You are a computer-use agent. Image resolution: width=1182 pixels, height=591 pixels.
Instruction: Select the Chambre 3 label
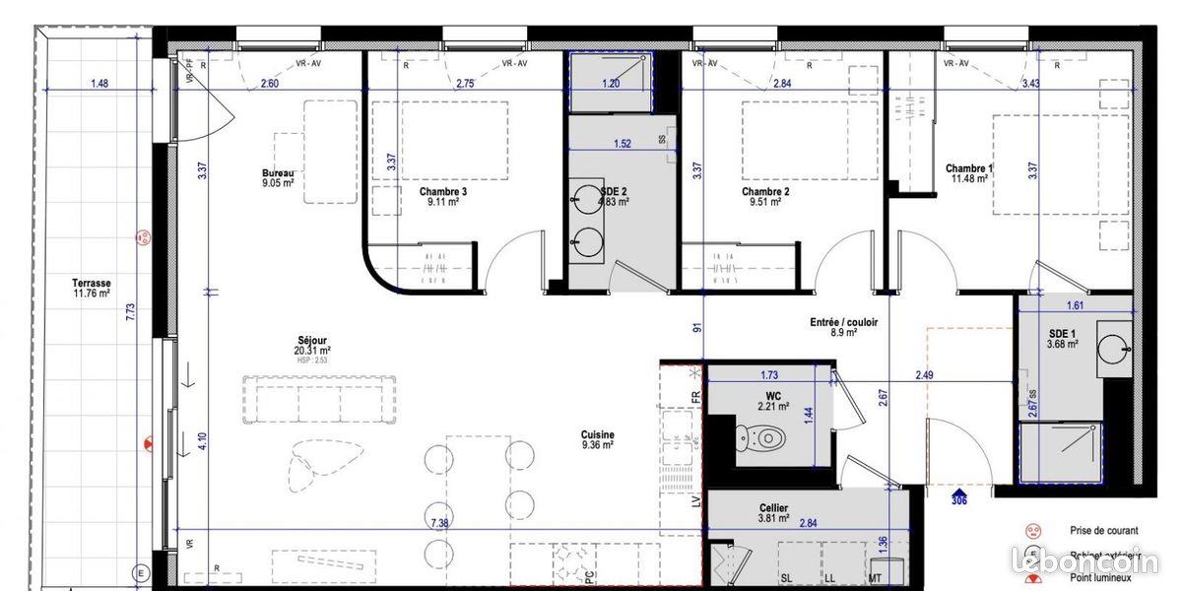point(442,191)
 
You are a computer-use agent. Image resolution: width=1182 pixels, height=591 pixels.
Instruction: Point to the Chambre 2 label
point(765,191)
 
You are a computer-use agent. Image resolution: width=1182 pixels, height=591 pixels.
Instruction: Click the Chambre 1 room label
point(969,168)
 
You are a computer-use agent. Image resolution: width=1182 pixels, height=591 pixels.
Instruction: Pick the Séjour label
point(311,341)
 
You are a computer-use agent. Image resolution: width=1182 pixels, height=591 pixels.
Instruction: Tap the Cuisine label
point(597,434)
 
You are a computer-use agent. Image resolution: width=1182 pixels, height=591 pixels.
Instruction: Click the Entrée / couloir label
point(844,322)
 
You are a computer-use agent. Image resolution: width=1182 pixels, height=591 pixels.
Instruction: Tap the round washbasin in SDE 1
point(1114,346)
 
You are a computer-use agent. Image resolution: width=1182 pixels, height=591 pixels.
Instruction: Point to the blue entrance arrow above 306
point(960,488)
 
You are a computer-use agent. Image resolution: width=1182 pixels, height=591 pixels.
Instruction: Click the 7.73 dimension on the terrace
point(130,311)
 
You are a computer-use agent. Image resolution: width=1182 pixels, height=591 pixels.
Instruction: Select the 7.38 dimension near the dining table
point(439,523)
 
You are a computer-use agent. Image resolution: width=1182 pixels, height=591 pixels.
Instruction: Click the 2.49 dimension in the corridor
point(924,374)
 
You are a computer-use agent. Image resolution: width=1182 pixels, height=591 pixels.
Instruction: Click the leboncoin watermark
point(1086,561)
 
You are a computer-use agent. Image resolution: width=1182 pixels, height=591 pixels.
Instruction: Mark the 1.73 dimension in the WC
point(769,374)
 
